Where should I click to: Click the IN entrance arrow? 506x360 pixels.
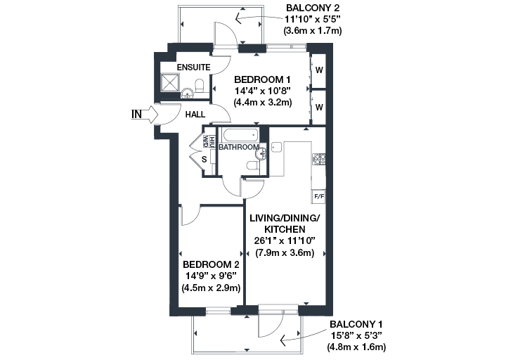pos(150,115)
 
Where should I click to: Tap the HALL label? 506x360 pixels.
pos(195,115)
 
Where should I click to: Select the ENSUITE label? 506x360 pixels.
pos(194,67)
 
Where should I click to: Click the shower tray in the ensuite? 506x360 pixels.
pos(170,82)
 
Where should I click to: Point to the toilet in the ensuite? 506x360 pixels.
pos(200,85)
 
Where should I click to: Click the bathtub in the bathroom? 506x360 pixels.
pos(241,134)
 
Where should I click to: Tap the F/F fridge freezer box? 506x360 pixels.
pos(319,196)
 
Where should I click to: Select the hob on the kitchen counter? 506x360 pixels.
pos(319,160)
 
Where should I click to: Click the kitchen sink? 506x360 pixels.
pos(277,147)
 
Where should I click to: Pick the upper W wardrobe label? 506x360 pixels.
pos(319,70)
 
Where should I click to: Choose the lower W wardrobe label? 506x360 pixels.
pos(319,107)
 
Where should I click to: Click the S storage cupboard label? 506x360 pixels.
pos(204,159)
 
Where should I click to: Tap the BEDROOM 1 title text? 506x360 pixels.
pos(262,79)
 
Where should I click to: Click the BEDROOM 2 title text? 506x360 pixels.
pos(211,264)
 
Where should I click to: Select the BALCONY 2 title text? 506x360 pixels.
pos(313,8)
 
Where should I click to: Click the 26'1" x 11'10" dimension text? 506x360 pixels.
pos(285,241)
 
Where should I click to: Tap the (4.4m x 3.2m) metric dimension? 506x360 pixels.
pos(263,103)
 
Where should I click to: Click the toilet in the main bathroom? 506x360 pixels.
pos(252,166)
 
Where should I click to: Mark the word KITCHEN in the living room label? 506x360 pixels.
pos(285,229)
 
